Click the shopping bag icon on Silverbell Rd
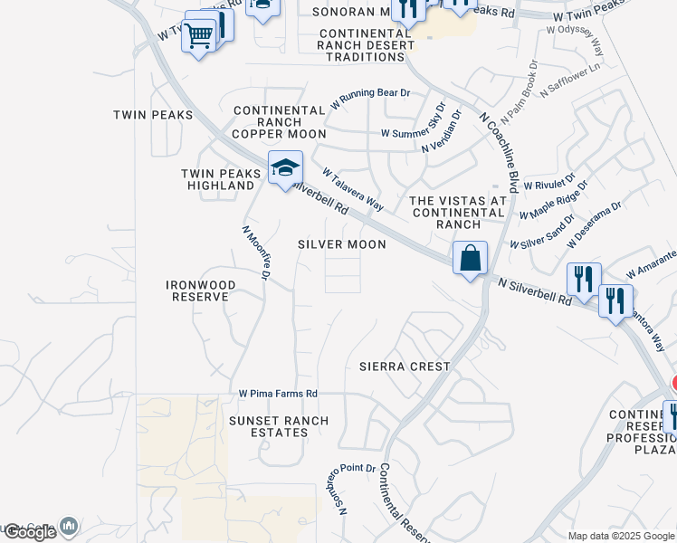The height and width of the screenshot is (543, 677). click(x=471, y=259)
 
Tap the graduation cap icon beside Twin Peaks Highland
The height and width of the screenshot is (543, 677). click(x=285, y=168)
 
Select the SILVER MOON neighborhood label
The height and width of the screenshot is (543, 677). click(x=342, y=244)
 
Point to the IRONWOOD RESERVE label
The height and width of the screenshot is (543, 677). click(x=201, y=291)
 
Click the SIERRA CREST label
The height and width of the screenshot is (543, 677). click(x=405, y=367)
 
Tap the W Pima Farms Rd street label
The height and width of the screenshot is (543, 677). click(x=278, y=394)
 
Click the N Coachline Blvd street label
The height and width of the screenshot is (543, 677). click(x=499, y=152)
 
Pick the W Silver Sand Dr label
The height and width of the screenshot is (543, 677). click(x=541, y=233)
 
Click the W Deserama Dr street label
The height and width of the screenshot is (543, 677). click(x=594, y=225)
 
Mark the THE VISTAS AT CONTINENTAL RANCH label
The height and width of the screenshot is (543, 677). click(x=457, y=212)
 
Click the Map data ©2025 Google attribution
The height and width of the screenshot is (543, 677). click(x=621, y=536)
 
